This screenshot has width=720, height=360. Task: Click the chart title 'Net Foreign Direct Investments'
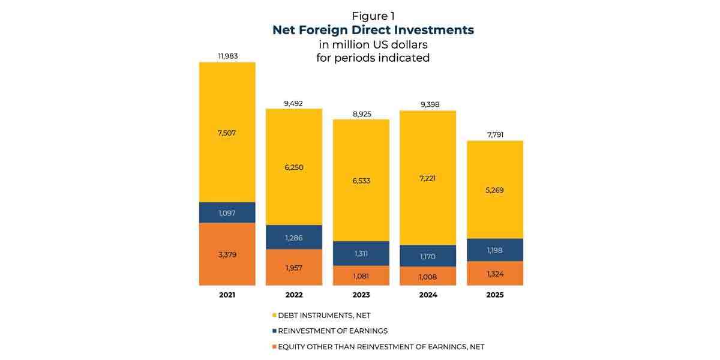tap(373, 29)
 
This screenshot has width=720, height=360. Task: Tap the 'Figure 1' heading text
tap(373, 16)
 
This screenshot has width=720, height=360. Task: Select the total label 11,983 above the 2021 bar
tap(227, 56)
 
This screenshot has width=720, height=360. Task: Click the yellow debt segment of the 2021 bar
tap(227, 133)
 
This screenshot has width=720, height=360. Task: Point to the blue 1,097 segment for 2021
tap(227, 212)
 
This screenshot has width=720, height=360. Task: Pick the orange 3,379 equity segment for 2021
tap(227, 254)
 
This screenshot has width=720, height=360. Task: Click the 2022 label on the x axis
tap(294, 295)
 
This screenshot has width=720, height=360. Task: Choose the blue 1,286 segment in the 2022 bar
tap(294, 238)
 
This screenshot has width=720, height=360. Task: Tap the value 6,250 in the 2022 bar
tap(294, 167)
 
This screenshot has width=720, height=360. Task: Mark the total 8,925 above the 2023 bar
tap(361, 113)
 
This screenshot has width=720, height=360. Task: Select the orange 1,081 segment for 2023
tap(361, 276)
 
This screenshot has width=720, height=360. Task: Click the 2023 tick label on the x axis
tap(361, 295)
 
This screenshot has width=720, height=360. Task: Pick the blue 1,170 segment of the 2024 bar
tap(428, 256)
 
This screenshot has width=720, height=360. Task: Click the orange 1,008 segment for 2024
tap(428, 277)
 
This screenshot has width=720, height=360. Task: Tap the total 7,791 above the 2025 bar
tap(496, 134)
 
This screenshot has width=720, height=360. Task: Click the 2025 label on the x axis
tap(496, 295)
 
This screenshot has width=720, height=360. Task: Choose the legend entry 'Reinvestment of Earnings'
tap(332, 331)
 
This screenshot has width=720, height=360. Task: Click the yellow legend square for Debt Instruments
tap(274, 315)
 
